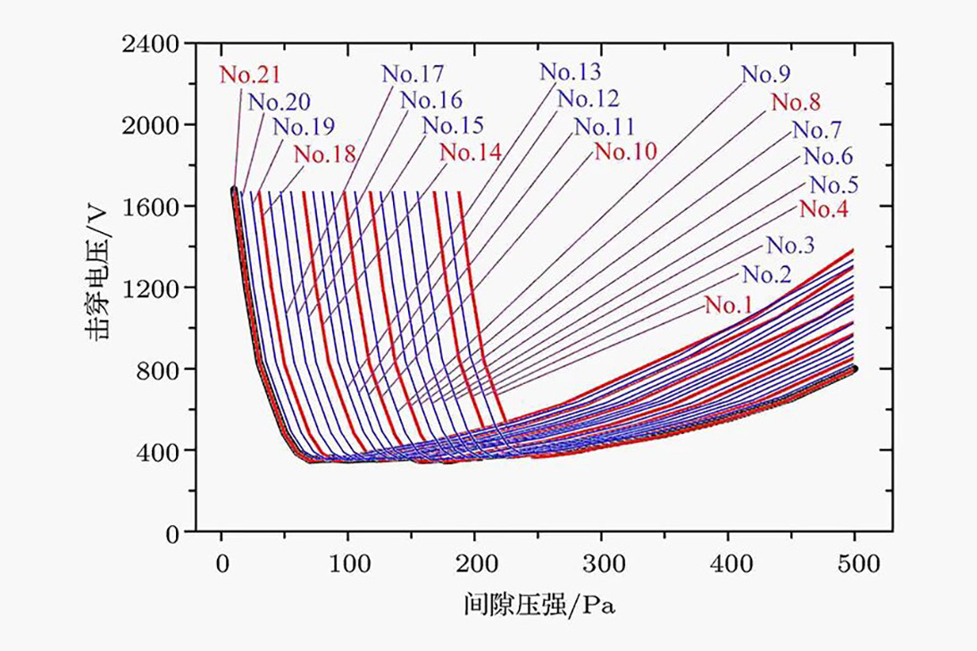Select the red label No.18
(x=325, y=154)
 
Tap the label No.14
(x=471, y=152)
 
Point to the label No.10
(x=626, y=151)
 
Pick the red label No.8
(x=795, y=103)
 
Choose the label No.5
(x=834, y=185)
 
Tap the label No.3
(x=790, y=246)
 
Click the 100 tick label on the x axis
(x=347, y=564)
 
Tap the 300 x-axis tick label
(x=601, y=564)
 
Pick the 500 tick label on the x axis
(x=855, y=564)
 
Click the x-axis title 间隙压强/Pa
(x=541, y=605)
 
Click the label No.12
(x=588, y=98)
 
